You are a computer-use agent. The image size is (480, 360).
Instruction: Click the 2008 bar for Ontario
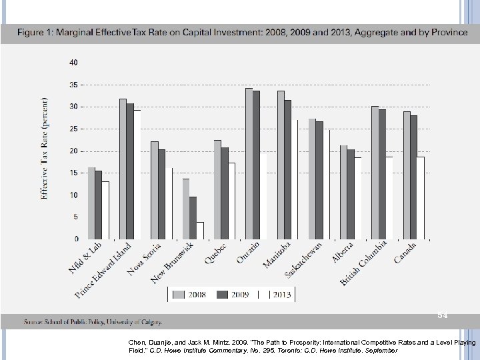click(x=249, y=163)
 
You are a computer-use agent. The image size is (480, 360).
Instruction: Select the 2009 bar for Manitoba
click(x=288, y=169)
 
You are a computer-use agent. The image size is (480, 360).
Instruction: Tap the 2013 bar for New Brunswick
click(x=200, y=230)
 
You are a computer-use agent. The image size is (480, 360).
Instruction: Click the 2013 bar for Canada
click(x=421, y=197)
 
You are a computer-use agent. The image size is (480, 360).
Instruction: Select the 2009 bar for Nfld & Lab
click(x=99, y=205)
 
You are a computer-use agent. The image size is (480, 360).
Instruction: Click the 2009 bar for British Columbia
click(x=383, y=174)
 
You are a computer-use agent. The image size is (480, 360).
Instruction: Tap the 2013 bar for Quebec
click(x=231, y=201)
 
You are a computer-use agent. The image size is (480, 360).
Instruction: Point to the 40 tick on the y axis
click(x=73, y=63)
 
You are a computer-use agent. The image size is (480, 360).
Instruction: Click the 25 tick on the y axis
click(x=73, y=129)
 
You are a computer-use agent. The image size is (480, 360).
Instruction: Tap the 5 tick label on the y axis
click(x=75, y=217)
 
